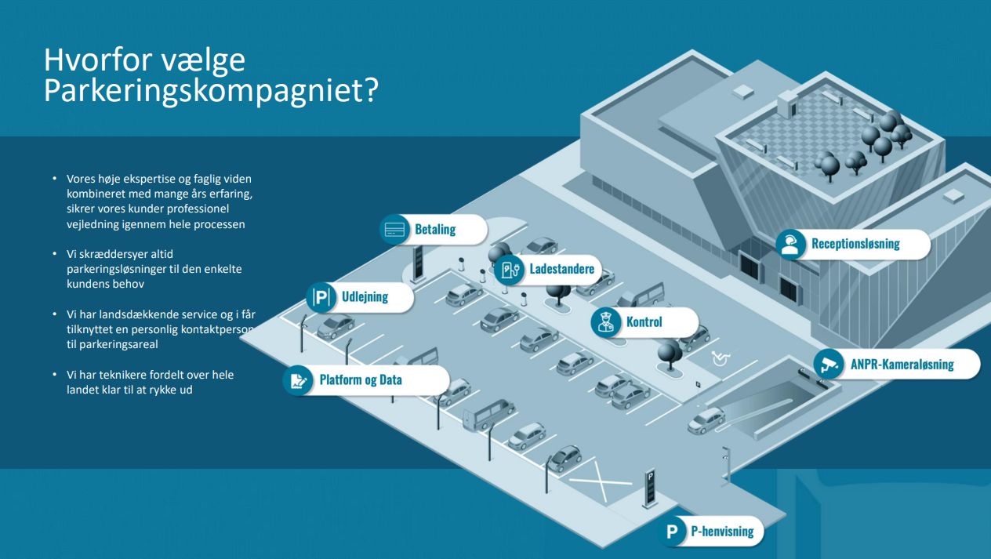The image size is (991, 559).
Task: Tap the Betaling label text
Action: pos(435,230)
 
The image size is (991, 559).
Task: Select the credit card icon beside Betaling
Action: pos(394,230)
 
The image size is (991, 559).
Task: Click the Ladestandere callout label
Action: pos(561,270)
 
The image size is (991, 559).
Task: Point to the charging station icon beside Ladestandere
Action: pos(509,270)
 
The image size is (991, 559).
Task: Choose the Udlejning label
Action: pos(365,297)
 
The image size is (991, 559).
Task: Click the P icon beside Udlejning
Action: pos(321,297)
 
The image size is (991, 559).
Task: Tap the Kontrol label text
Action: pos(644,322)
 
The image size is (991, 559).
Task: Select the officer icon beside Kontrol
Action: pos(605,322)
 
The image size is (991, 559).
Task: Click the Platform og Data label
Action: pos(361,380)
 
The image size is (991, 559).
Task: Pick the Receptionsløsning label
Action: pos(855,244)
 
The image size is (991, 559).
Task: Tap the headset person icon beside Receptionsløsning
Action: pos(791,244)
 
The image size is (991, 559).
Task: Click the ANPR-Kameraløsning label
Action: pos(902,364)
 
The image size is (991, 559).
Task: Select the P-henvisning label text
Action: pos(722,532)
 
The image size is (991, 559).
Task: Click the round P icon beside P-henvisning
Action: pos(672,532)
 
